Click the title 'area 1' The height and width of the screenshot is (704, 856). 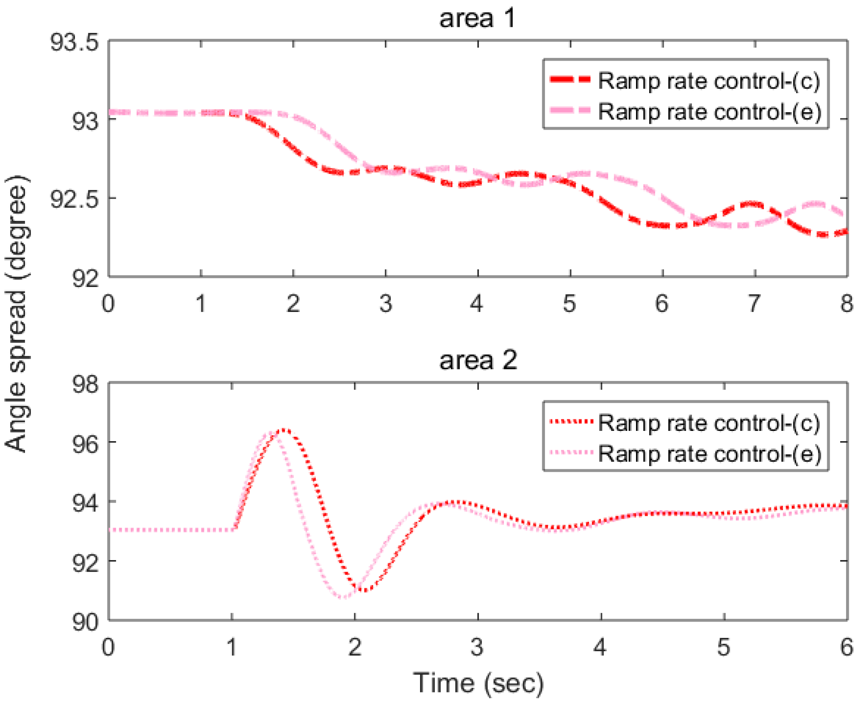[x=477, y=19]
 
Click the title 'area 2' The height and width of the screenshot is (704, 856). [x=478, y=360]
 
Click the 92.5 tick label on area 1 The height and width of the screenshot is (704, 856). [x=75, y=199]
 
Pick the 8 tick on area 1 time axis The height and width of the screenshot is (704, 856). [x=846, y=303]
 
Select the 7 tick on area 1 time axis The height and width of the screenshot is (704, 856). [x=754, y=303]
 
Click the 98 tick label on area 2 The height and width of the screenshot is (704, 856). [x=86, y=384]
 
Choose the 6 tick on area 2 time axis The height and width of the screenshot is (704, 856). [x=846, y=647]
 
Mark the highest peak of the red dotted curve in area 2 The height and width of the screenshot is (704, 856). [x=284, y=429]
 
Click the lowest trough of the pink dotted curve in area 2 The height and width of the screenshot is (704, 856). [x=343, y=597]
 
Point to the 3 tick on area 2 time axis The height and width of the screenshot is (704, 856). [x=477, y=647]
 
